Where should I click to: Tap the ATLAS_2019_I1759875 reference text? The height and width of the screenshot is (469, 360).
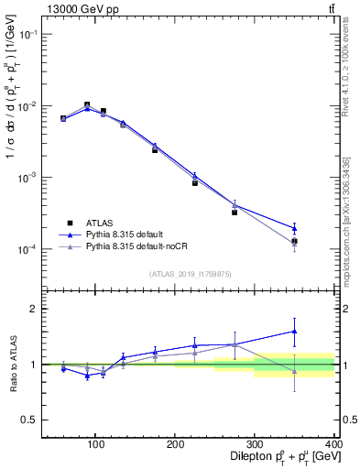[190, 273]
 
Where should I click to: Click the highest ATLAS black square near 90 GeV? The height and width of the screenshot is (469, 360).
[87, 105]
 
